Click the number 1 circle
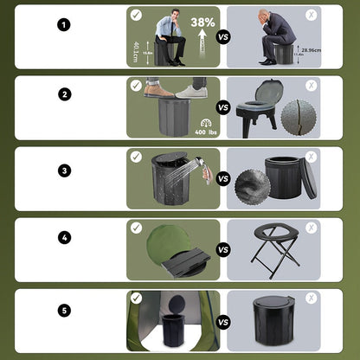coord(64,24)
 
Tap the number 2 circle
coord(64,95)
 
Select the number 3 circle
coord(64,170)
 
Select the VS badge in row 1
coord(223,38)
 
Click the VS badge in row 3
coord(223,179)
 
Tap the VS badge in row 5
coord(223,322)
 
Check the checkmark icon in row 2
coord(137,86)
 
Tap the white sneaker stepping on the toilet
coord(192,90)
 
